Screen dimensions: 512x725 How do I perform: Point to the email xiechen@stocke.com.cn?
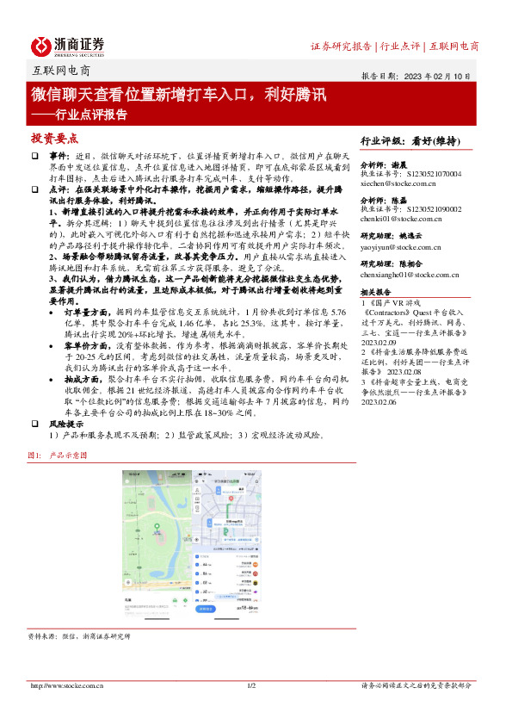click(398, 184)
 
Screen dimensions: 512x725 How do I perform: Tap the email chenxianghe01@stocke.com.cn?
click(410, 274)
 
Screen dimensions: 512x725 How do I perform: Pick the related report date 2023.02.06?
click(380, 401)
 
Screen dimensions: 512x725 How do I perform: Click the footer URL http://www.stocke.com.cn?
click(67, 685)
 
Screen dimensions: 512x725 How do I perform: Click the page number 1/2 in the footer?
click(252, 685)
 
